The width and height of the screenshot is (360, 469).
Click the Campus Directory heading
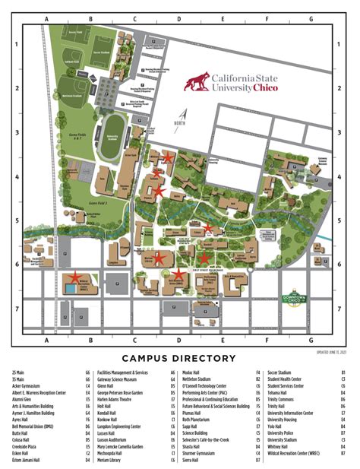click(x=179, y=358)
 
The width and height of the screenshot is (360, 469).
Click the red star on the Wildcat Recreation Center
click(x=76, y=277)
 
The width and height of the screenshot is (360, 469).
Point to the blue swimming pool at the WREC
click(x=71, y=289)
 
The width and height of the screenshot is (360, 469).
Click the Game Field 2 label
click(x=99, y=203)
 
